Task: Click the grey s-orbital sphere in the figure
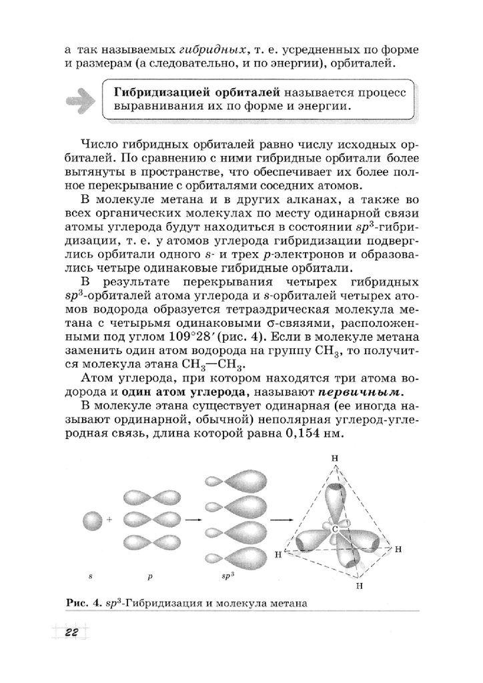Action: [92, 519]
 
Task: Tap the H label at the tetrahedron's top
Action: [334, 458]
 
